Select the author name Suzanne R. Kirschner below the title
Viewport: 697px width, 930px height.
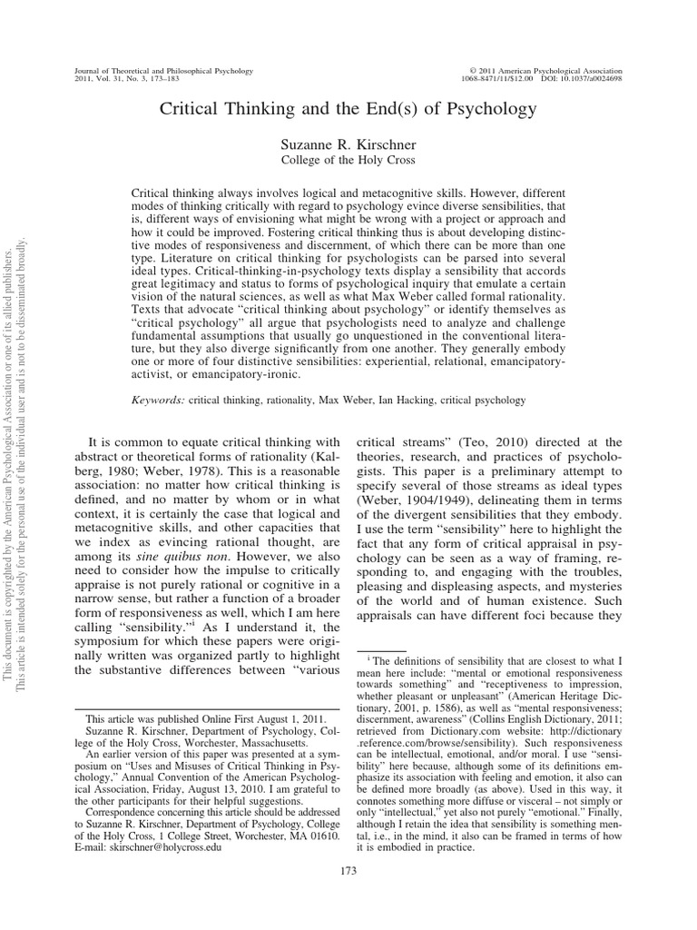348,145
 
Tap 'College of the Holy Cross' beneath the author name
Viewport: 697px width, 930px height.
348,162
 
